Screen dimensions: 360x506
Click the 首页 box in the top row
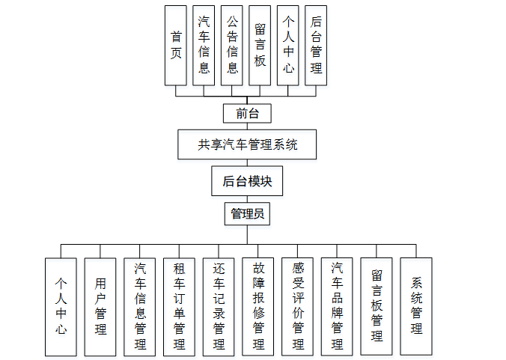(176, 45)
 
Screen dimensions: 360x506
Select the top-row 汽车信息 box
(204, 45)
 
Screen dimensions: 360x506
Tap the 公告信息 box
(232, 45)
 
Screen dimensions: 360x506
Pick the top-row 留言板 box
(260, 45)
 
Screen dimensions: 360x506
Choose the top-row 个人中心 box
(288, 45)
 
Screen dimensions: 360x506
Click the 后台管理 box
(316, 45)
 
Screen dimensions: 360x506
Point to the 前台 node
(247, 114)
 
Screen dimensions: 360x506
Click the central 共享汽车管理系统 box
(247, 144)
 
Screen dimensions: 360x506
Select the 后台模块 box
(247, 181)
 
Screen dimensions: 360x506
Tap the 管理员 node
(247, 214)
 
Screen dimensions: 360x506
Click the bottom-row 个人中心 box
(61, 306)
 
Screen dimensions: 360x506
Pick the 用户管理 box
(100, 306)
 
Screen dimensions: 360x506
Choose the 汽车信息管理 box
(140, 306)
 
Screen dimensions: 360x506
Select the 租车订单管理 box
(179, 306)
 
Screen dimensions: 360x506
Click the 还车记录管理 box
(219, 306)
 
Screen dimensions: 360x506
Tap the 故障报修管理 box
(258, 306)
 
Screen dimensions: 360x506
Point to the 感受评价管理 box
(298, 306)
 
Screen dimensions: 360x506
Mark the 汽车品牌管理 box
(337, 306)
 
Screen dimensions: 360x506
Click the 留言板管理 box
(377, 306)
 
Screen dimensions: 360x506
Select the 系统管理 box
(416, 306)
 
